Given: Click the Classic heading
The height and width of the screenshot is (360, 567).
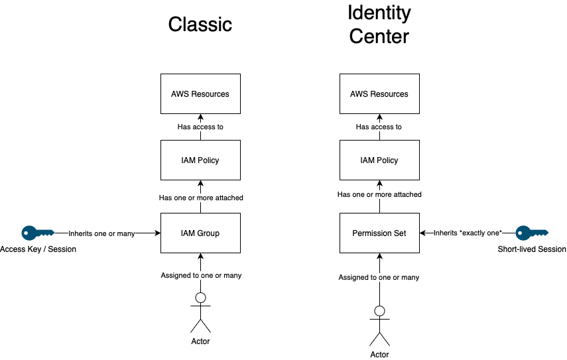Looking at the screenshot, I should coord(200,25).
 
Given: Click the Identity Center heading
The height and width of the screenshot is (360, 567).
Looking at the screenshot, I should coord(379,24).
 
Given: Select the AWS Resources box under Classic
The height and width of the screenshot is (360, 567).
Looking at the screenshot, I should coord(200,94).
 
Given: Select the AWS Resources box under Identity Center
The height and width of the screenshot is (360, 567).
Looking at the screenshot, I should coord(379,94).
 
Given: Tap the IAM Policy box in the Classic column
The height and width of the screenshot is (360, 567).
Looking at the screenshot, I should coord(200,160).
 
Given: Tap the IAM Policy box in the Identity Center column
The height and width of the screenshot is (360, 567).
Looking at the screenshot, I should coord(379,160).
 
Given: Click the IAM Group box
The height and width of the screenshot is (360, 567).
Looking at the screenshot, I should coord(200,233).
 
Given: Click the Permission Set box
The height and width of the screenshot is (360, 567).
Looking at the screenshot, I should coord(379,233).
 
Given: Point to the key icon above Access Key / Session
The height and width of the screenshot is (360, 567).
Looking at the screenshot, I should coord(37,233).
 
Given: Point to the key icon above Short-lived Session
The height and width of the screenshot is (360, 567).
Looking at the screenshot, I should coord(532,233).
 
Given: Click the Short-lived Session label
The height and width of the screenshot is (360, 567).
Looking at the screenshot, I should coord(532,249).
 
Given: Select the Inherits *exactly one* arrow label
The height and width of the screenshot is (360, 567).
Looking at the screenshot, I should coord(468,233).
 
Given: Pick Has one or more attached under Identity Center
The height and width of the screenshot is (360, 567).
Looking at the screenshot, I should coord(379,195).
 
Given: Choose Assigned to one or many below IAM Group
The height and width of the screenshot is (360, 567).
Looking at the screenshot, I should coord(200,275).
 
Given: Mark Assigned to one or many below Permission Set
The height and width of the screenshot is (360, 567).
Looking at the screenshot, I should coord(379,277).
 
